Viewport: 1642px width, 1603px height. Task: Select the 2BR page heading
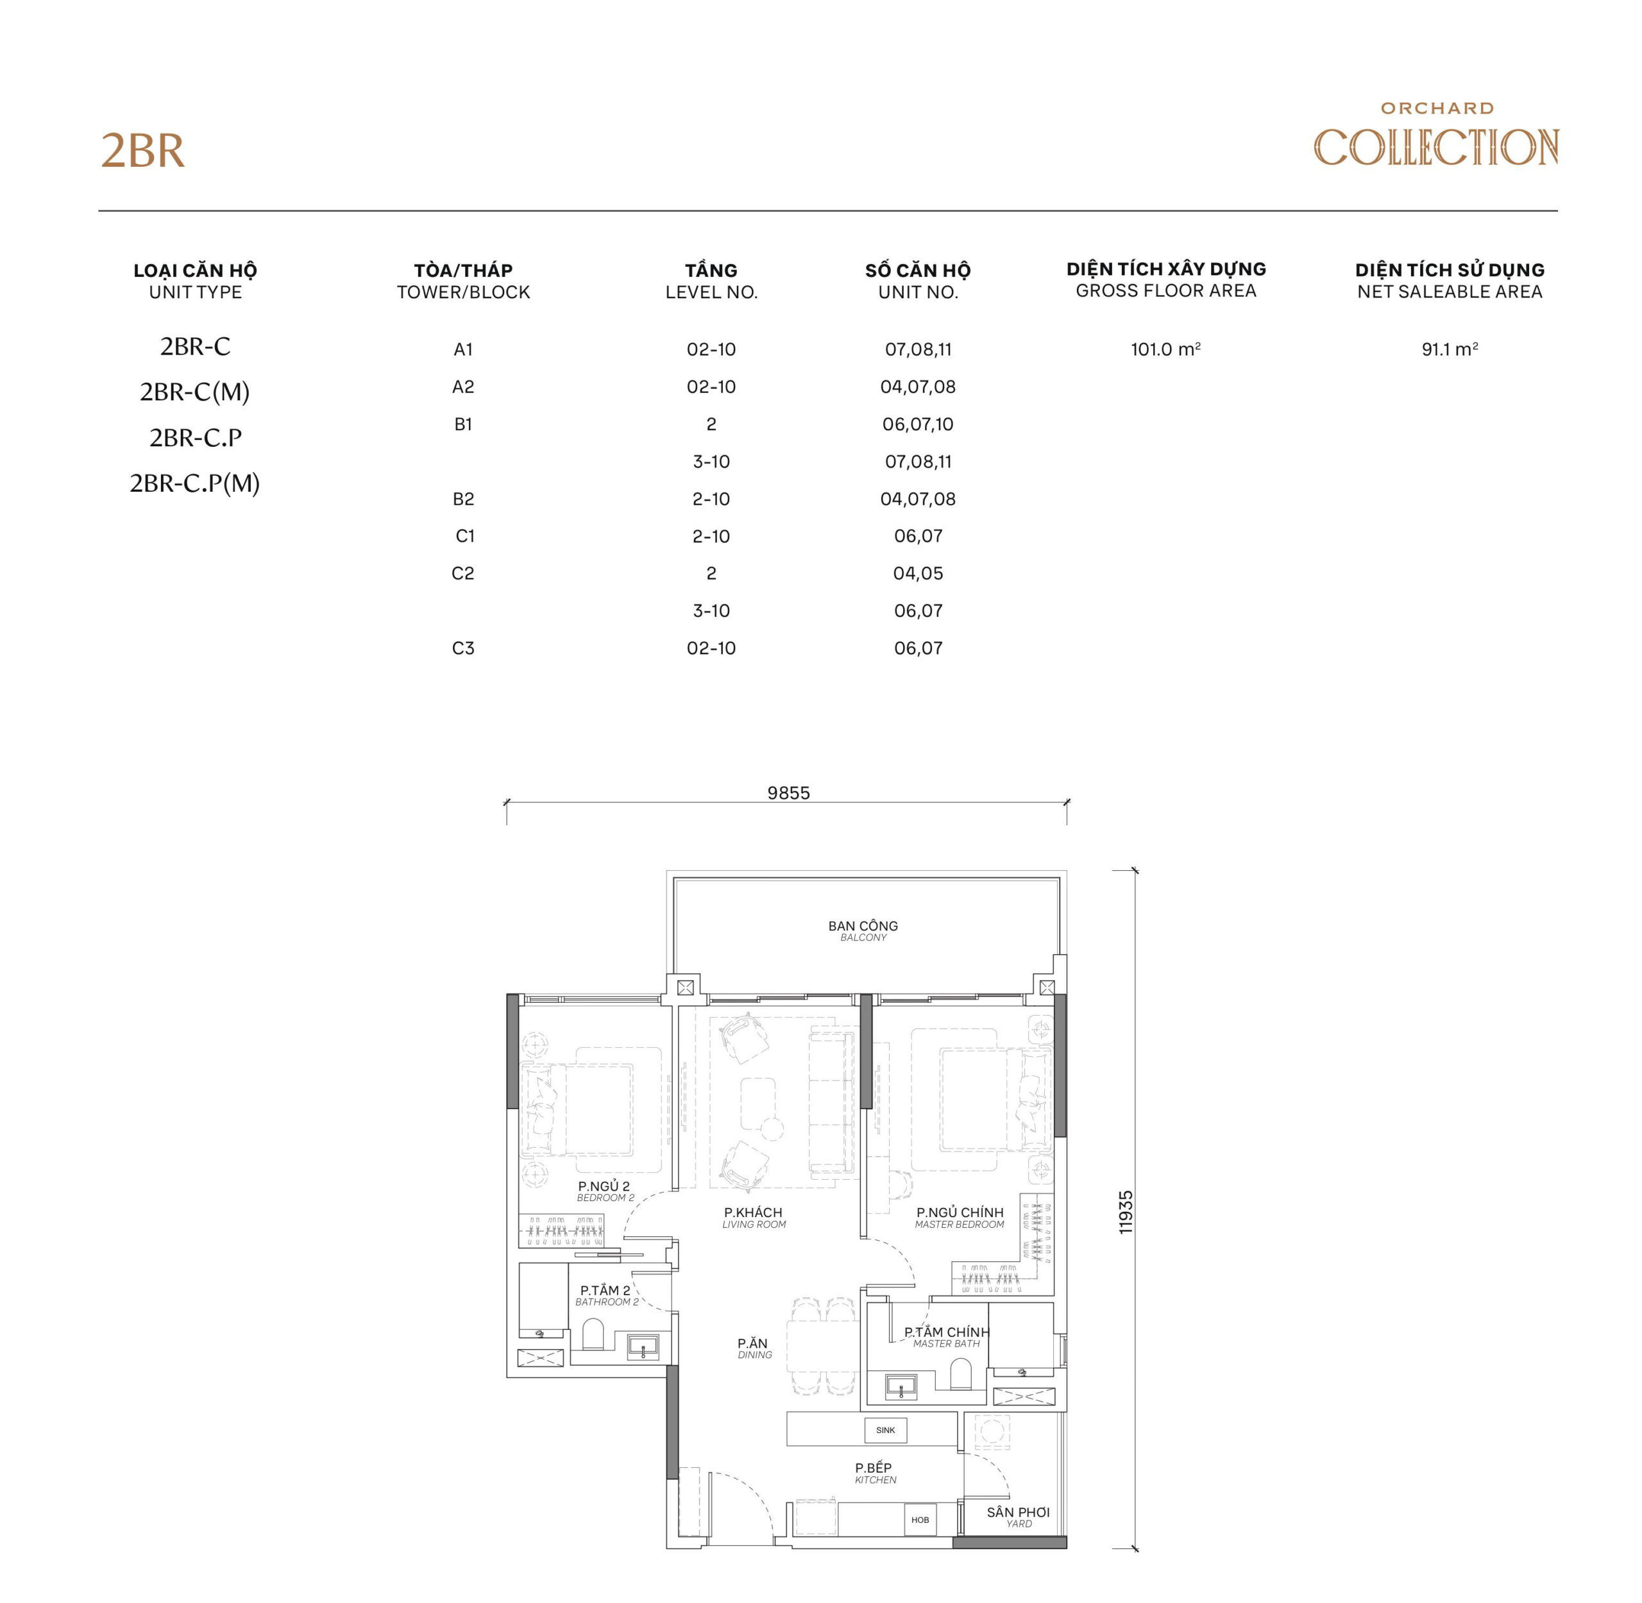[x=142, y=151]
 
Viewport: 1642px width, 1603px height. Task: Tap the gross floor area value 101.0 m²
[x=1165, y=349]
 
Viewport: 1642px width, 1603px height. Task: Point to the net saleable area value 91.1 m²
[x=1448, y=349]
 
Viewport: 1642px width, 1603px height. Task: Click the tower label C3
[x=462, y=648]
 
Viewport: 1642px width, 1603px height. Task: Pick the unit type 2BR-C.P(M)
[x=194, y=483]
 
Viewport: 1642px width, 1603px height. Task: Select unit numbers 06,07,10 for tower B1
[x=917, y=424]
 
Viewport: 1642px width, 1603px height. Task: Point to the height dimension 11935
[x=1126, y=1213]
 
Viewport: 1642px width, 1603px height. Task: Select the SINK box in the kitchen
[x=885, y=1430]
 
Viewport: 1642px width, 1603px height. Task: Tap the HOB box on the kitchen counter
[x=920, y=1520]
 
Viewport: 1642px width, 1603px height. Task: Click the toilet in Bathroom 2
[x=593, y=1334]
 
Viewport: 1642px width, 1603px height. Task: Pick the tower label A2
[x=462, y=387]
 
